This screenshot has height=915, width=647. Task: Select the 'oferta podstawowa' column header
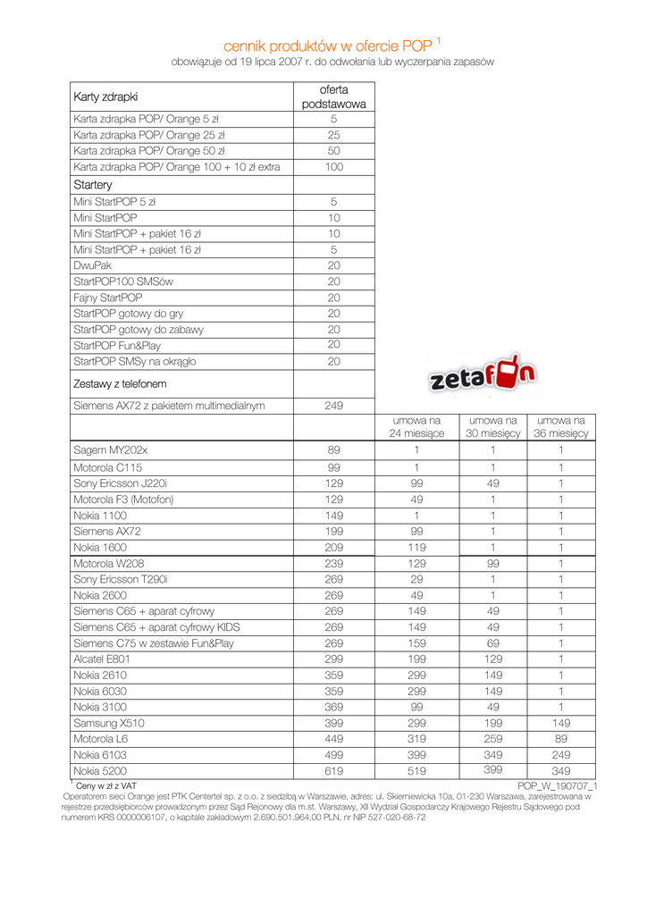coord(333,97)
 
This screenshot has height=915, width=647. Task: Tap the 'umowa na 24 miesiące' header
coord(416,426)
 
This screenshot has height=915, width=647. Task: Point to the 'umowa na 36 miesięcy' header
coord(560,426)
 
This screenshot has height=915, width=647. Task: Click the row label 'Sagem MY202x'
coord(110,450)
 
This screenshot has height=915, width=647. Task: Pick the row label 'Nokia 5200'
coord(100,770)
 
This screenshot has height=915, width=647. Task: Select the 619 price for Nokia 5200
coord(333,770)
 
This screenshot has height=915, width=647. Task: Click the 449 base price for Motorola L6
coord(333,739)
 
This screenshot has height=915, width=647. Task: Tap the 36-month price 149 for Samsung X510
coord(560,723)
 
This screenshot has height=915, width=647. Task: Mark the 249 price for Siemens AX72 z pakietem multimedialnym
coord(333,406)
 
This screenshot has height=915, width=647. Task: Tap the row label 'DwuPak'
coord(93,265)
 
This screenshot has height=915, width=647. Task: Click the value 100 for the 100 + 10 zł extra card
coord(333,167)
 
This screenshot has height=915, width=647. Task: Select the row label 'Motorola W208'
coord(108,563)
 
